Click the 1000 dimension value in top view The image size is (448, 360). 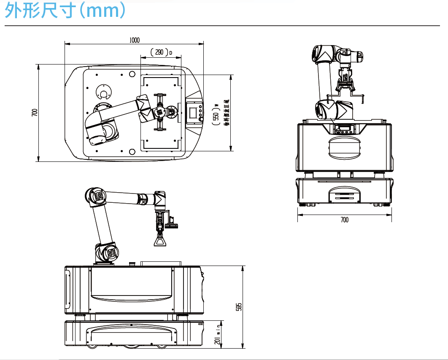(x=134, y=40)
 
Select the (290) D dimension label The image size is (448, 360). (x=160, y=52)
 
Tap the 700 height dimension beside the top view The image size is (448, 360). (x=35, y=113)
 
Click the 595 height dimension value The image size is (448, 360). (x=239, y=307)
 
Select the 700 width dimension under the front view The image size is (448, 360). (x=344, y=220)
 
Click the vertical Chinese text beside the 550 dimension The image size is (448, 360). (x=226, y=113)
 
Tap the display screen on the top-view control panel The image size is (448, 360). (x=193, y=113)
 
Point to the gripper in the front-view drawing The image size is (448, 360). (x=345, y=82)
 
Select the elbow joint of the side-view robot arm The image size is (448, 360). (x=96, y=197)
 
